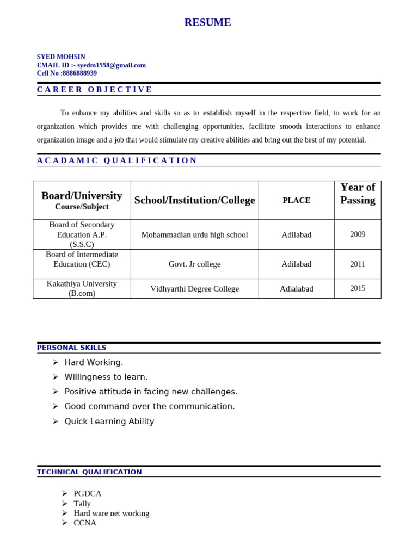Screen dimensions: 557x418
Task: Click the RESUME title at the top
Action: pos(207,22)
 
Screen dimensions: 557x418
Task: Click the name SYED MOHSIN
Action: pos(61,57)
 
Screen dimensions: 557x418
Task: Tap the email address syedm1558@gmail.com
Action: pos(112,65)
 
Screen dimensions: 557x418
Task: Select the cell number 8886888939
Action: pos(79,73)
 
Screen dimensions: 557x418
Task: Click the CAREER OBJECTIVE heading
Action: pos(95,90)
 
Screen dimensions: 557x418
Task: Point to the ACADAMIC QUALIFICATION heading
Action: pos(117,160)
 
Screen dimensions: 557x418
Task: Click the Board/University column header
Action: pos(82,196)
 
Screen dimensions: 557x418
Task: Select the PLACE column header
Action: pos(296,200)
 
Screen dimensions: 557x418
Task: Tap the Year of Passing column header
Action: pos(358,194)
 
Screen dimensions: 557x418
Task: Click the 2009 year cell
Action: pos(358,234)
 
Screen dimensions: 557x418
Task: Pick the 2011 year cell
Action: pos(358,264)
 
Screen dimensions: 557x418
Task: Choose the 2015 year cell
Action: pos(358,288)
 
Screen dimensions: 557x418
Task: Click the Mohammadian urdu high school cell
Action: pos(194,235)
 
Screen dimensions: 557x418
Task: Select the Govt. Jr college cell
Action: pos(194,264)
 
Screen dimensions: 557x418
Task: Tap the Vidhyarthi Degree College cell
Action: pos(194,289)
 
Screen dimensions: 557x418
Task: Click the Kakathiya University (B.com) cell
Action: pos(82,288)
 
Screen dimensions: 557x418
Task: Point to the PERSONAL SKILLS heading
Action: pos(72,348)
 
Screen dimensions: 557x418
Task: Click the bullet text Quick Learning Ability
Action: pos(109,422)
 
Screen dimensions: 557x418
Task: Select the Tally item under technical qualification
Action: pos(82,504)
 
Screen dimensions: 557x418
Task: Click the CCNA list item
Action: pos(85,523)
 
